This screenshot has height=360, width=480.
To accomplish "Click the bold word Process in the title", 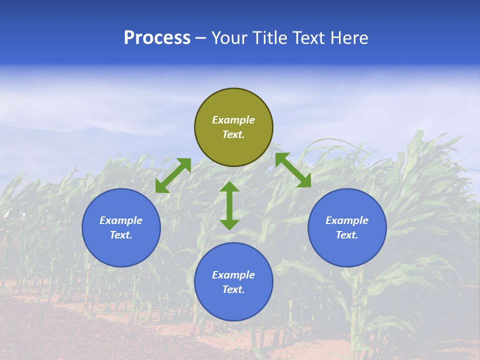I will coord(157,38).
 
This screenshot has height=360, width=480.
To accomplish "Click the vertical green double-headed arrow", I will coord(229,205).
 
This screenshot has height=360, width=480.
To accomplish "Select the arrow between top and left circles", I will coord(173,175).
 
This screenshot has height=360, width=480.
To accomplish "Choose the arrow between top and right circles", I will coord(293,170).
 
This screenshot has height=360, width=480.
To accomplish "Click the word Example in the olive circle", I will coord(233,120).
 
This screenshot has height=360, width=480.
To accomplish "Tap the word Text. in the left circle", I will coord(121,235).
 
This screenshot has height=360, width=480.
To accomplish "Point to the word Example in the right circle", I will coord(347,220).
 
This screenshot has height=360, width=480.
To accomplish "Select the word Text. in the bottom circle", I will coord(233,289).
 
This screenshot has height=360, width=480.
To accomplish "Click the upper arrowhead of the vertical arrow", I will coord(229,187).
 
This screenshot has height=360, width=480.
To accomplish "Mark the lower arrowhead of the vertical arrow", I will coord(229,224).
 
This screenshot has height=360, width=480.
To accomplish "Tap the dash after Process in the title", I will coord(200,38).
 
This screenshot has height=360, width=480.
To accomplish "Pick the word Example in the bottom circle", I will coord(233,275).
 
